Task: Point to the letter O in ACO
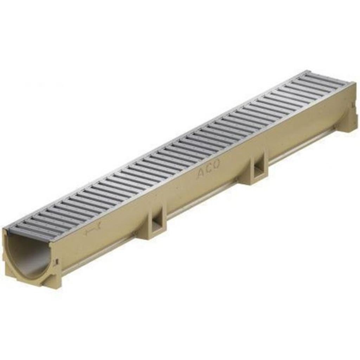(x=216, y=164)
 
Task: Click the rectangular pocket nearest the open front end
(x=155, y=224)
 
